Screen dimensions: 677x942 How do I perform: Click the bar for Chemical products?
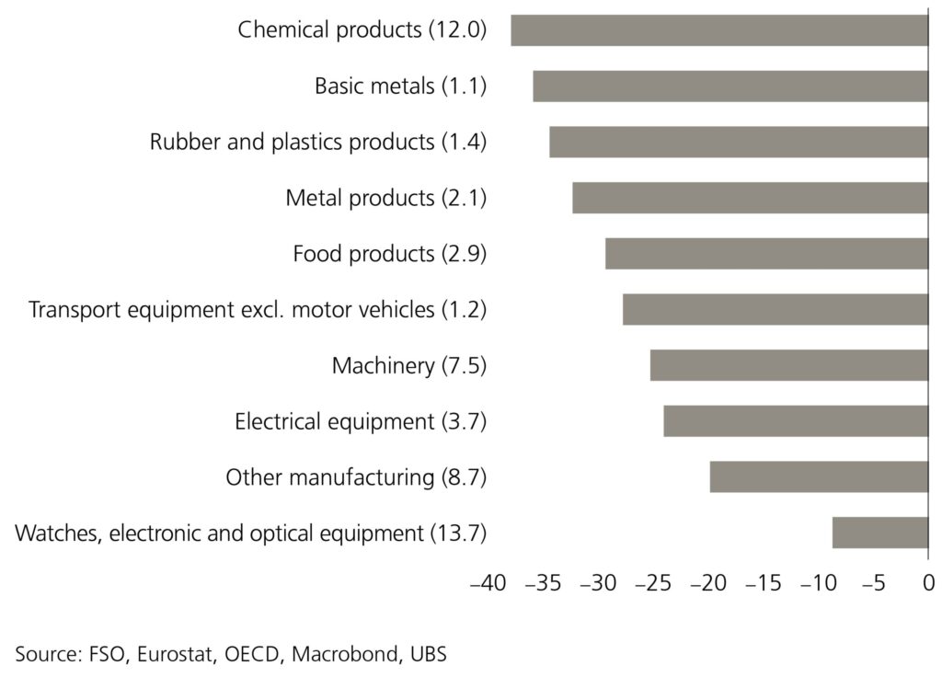pos(719,30)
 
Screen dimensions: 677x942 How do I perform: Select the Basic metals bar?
pos(730,86)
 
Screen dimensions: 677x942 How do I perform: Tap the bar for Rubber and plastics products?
pos(739,143)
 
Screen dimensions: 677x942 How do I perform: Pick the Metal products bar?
pos(750,198)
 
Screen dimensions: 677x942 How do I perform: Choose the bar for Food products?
pos(766,254)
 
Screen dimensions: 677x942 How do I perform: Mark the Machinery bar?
pos(788,365)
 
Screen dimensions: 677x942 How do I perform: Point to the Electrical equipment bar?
pos(796,421)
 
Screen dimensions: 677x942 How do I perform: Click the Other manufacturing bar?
pos(819,477)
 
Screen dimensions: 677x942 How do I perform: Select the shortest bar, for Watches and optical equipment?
pos(879,533)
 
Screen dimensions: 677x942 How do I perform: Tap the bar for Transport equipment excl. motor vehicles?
pos(775,310)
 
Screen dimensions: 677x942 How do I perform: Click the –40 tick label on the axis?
pos(487,582)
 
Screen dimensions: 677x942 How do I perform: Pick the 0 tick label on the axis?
pos(928,582)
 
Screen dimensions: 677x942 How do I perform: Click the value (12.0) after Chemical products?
pos(457,30)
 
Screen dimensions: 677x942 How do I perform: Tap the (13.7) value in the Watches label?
pos(457,533)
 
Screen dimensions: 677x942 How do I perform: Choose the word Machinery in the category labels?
pos(381,365)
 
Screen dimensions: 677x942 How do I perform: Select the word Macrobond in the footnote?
pos(347,654)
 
